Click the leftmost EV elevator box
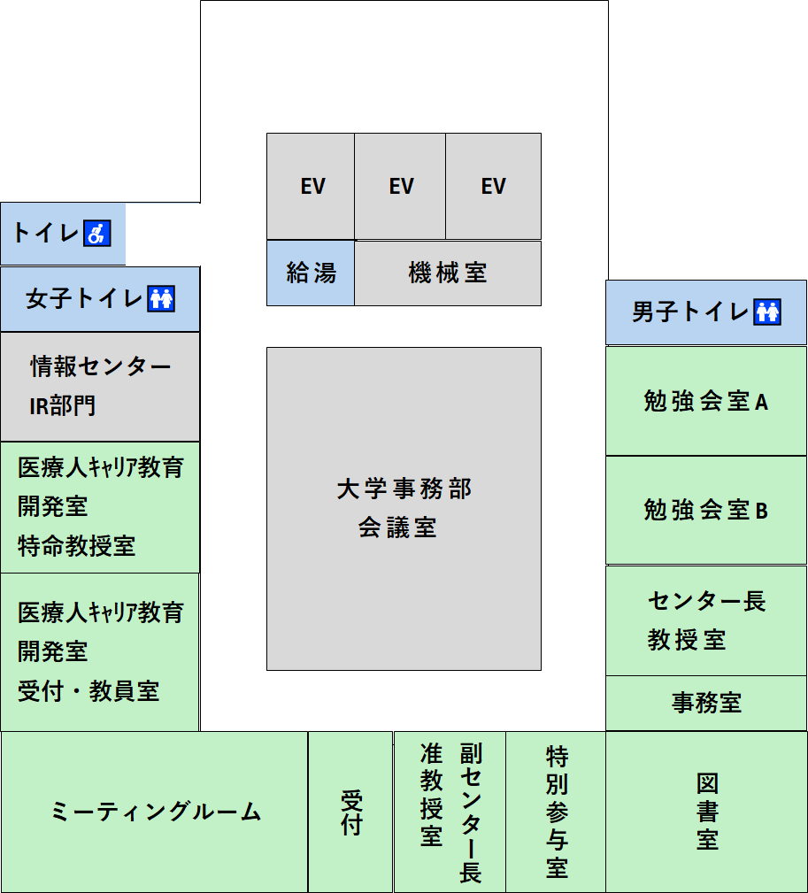(311, 186)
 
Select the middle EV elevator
(400, 186)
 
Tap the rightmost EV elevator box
(493, 186)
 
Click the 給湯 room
(311, 273)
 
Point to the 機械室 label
(448, 273)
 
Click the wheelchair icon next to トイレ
(96, 233)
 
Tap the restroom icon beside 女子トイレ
(161, 299)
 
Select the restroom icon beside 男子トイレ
(767, 312)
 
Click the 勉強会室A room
(706, 401)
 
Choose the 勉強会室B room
(706, 511)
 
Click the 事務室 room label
(706, 703)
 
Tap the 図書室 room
(706, 812)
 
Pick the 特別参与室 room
(556, 812)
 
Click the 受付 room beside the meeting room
(350, 812)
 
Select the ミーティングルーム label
(156, 812)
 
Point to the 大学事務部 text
(404, 489)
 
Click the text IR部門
(62, 406)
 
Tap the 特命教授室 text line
(76, 545)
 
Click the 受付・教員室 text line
(88, 691)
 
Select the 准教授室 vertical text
(432, 795)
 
